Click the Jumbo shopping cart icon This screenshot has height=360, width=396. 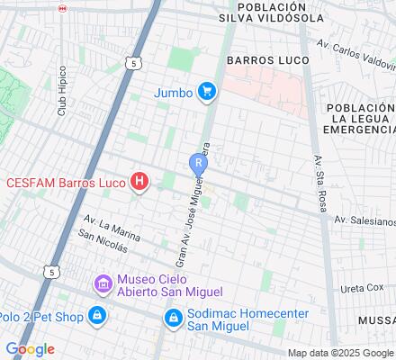pyautogui.click(x=208, y=90)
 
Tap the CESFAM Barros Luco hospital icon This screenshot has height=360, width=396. pyautogui.click(x=139, y=182)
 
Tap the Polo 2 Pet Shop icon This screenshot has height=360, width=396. pyautogui.click(x=96, y=316)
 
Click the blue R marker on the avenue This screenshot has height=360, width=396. pyautogui.click(x=198, y=163)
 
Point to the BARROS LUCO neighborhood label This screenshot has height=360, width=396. pyautogui.click(x=267, y=60)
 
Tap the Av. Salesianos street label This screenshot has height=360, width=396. pyautogui.click(x=364, y=220)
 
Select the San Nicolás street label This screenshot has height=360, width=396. pyautogui.click(x=104, y=238)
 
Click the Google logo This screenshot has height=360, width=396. pyautogui.click(x=30, y=349)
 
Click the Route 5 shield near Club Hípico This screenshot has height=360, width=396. pyautogui.click(x=133, y=63)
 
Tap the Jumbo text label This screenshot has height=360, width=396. pyautogui.click(x=172, y=91)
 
